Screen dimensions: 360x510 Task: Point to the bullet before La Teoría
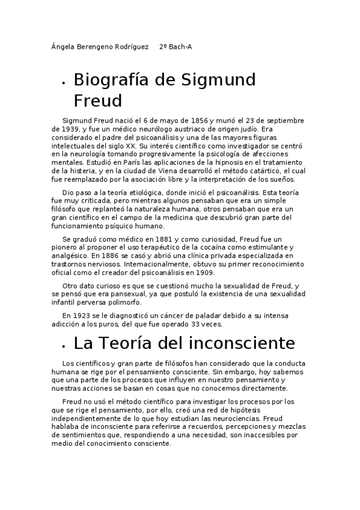pyautogui.click(x=64, y=345)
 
